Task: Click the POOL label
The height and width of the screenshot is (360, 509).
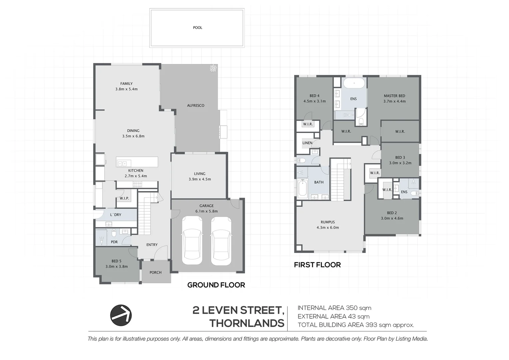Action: (198, 28)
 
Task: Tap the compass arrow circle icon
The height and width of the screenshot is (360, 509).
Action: (121, 315)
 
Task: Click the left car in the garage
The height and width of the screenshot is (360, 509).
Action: (192, 241)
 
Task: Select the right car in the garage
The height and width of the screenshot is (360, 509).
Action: (221, 241)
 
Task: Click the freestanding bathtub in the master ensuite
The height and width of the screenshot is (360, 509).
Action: (354, 83)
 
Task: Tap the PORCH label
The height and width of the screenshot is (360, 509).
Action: (156, 272)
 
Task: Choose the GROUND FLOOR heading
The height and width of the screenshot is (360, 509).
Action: (216, 285)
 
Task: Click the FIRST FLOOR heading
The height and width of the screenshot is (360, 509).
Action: (317, 265)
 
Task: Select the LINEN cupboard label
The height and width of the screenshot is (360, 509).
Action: (307, 143)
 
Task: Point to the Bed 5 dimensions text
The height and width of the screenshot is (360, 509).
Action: (117, 267)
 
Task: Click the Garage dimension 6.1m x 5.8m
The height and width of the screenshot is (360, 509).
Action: (207, 211)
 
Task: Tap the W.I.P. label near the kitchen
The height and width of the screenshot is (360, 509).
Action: (124, 198)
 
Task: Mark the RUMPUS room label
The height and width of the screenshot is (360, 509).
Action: (328, 222)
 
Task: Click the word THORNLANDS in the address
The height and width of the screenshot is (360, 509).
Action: (247, 323)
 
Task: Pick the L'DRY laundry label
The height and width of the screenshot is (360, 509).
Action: (116, 215)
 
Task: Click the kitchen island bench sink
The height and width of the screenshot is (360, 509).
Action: (122, 164)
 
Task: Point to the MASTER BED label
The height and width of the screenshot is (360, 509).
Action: (394, 96)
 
